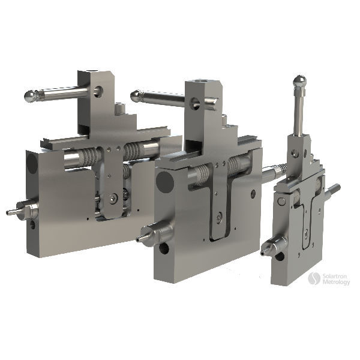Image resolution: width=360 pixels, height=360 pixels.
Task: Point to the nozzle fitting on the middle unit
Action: (151, 234)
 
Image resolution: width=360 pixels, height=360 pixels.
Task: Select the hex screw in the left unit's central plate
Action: (113, 197)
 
